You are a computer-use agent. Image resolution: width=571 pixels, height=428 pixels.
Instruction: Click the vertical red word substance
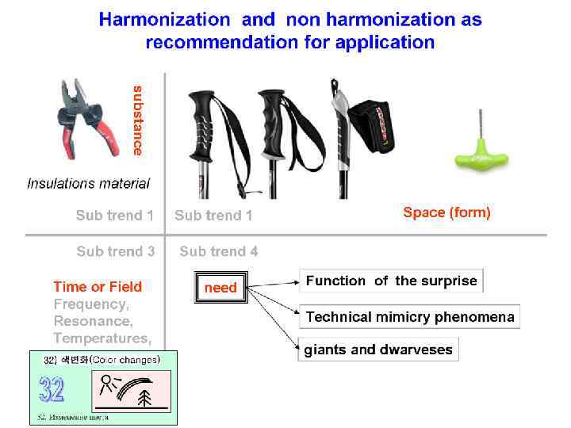138,120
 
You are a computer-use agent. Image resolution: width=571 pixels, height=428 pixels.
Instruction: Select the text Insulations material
88,184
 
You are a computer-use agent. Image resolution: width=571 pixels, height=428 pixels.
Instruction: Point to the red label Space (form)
446,212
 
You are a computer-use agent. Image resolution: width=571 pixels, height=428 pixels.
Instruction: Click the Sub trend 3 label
116,251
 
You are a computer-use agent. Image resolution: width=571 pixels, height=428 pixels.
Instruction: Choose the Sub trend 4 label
218,251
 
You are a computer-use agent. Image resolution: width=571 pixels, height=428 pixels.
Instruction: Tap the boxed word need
220,288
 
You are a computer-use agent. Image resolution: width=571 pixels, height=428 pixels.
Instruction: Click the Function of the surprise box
391,281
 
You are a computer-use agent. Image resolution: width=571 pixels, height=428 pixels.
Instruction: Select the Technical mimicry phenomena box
410,317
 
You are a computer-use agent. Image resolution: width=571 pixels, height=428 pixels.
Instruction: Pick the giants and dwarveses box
378,350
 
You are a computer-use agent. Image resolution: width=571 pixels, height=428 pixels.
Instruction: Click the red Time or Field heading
98,287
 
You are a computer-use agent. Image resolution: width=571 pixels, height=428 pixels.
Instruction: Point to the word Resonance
91,321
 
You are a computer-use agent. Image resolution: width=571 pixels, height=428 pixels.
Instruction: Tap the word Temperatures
102,338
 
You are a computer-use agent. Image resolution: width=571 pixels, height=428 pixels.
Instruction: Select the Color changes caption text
125,359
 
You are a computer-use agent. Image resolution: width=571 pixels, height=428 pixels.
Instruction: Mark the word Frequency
90,304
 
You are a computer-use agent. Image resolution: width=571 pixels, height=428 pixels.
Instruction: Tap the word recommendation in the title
220,42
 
